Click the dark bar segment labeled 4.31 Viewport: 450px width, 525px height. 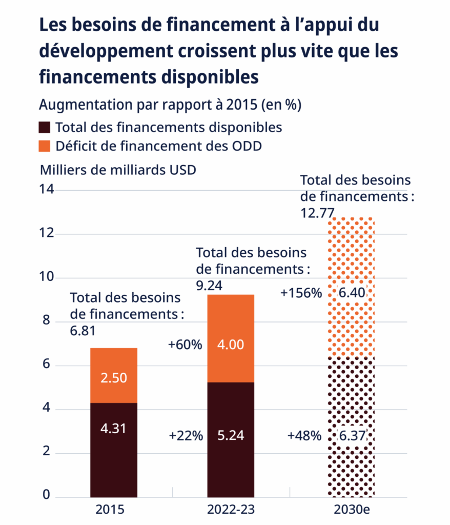click(114, 449)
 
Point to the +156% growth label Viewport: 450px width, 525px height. click(301, 293)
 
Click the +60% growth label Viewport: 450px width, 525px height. click(185, 345)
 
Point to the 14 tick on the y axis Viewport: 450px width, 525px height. click(46, 190)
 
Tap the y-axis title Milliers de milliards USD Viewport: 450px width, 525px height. click(118, 170)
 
